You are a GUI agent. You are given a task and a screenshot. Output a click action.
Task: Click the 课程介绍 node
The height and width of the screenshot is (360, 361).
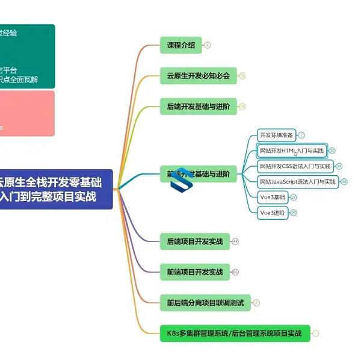pyautogui.click(x=180, y=45)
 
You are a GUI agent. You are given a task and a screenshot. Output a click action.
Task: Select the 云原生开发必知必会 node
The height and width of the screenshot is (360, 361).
pyautogui.click(x=199, y=75)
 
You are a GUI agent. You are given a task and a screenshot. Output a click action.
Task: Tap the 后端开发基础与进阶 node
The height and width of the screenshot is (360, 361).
pyautogui.click(x=199, y=107)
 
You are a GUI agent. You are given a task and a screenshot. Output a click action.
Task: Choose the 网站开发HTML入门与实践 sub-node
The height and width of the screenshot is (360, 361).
pyautogui.click(x=292, y=151)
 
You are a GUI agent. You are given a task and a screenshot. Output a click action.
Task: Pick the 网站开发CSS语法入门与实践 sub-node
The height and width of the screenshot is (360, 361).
pyautogui.click(x=295, y=166)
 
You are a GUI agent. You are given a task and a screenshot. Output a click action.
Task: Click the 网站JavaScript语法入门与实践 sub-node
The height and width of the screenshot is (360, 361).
pyautogui.click(x=298, y=182)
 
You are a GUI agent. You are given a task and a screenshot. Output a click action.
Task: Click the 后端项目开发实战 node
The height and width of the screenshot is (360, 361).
pyautogui.click(x=194, y=241)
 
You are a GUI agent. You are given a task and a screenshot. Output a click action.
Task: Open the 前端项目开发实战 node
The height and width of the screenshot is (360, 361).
pyautogui.click(x=194, y=272)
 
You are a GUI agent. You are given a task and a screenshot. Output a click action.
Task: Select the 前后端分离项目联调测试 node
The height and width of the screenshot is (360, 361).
pyautogui.click(x=205, y=303)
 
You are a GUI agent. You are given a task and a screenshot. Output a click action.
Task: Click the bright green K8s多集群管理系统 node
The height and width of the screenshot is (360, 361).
pyautogui.click(x=235, y=334)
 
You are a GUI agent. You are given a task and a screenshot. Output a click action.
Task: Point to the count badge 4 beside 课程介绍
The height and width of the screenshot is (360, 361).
pyautogui.click(x=208, y=45)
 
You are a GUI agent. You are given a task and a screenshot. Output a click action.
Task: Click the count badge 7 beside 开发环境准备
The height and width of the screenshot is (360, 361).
pyautogui.click(x=301, y=135)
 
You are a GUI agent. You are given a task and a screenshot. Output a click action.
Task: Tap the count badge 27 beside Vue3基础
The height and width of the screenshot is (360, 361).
pyautogui.click(x=294, y=197)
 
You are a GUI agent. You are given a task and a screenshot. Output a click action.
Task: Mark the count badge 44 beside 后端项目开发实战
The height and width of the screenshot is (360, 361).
pyautogui.click(x=235, y=241)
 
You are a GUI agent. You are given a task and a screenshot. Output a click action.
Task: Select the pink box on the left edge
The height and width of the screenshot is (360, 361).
pyautogui.click(x=26, y=113)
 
